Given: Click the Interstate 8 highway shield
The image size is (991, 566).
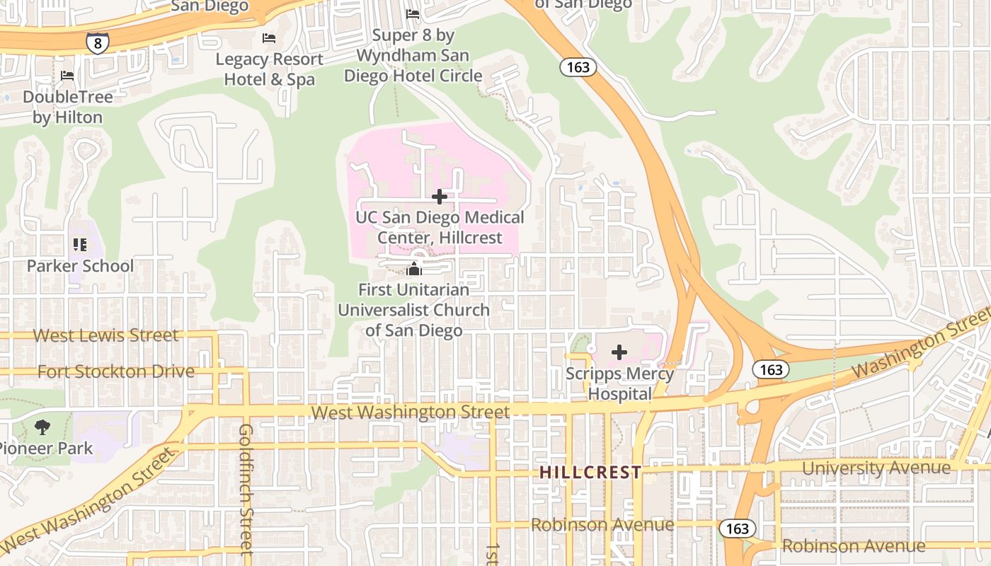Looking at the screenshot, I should click(x=98, y=44).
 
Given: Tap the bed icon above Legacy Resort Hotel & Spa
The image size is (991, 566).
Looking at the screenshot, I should click(x=269, y=38).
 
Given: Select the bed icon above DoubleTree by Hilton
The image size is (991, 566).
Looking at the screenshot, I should click(x=67, y=76).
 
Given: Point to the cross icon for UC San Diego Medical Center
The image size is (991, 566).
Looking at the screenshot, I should click(x=440, y=197).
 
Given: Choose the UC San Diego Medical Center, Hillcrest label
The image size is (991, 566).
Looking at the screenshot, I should click(x=440, y=227).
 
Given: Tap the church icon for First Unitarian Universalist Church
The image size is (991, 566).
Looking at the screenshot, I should click(x=414, y=269).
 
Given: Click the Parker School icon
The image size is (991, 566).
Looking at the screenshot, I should click(x=80, y=245).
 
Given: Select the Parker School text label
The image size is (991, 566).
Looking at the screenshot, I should click(x=80, y=266).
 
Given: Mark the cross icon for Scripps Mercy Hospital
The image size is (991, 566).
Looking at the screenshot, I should click(x=619, y=352).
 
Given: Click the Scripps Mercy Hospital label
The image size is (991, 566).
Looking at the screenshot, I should click(x=619, y=383).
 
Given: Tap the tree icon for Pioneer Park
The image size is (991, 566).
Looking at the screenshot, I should click(x=42, y=427).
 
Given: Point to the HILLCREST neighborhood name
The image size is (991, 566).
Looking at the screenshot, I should click(x=590, y=473).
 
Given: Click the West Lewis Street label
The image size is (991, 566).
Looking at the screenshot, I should click(x=106, y=335).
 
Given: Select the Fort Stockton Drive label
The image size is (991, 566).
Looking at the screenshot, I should click(x=115, y=371).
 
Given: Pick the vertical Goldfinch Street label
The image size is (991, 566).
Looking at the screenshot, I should click(x=246, y=488).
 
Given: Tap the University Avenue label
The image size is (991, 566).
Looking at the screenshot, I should click(x=876, y=468).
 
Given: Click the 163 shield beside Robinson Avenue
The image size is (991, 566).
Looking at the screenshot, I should click(x=737, y=529).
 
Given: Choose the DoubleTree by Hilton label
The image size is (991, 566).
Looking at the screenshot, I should click(x=67, y=107).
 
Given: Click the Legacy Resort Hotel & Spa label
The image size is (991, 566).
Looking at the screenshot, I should click(x=269, y=69).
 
